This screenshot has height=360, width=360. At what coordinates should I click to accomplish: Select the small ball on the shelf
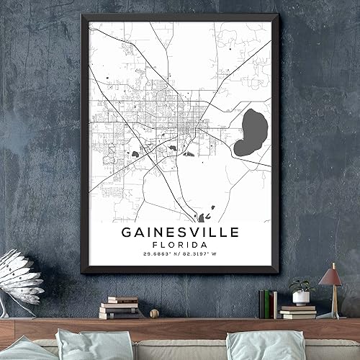pyautogui.click(x=154, y=313)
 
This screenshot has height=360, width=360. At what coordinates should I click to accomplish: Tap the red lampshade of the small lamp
pyautogui.click(x=331, y=275)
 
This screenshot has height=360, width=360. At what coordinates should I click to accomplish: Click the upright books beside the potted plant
pyautogui.click(x=268, y=303)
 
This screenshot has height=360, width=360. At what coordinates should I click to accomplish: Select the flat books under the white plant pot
pyautogui.click(x=297, y=312)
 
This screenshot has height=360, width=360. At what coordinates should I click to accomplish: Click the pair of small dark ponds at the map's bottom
pyautogui.click(x=204, y=215)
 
